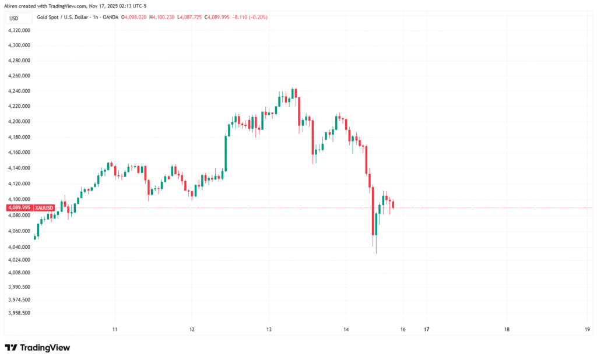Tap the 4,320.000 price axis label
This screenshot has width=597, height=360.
click(19, 30)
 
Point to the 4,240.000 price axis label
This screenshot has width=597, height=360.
click(19, 91)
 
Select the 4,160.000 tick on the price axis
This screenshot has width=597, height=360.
click(19, 153)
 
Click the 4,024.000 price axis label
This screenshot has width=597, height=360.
click(19, 259)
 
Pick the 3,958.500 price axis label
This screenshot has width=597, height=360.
click(19, 313)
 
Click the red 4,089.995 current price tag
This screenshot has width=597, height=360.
click(19, 207)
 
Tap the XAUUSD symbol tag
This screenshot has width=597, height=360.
click(44, 207)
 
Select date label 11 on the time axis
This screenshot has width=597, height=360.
click(115, 329)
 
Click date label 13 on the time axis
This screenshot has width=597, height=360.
click(269, 329)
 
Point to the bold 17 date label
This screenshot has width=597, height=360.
click(426, 329)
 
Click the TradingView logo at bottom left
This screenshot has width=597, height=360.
click(37, 348)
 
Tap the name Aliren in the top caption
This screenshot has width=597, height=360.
click(12, 5)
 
